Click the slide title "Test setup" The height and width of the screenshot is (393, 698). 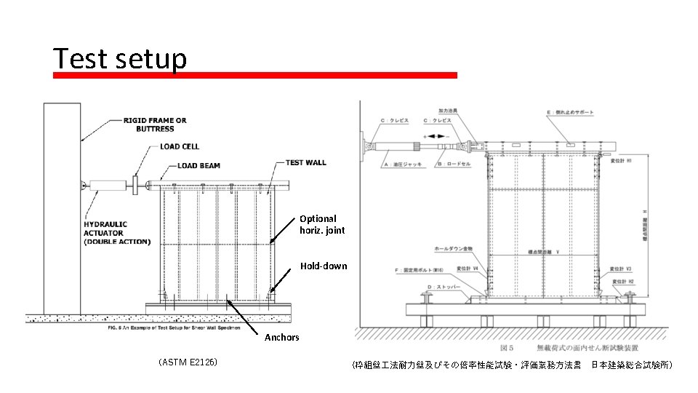click(120, 59)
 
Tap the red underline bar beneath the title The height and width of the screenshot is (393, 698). click(255, 75)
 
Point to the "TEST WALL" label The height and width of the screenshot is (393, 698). click(305, 162)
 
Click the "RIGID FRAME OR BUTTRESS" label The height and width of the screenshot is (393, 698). click(154, 124)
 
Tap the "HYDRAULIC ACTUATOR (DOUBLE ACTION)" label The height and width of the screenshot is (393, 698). click(116, 232)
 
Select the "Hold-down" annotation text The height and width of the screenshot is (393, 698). click(324, 266)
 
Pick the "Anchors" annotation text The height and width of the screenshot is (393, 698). click(281, 337)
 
